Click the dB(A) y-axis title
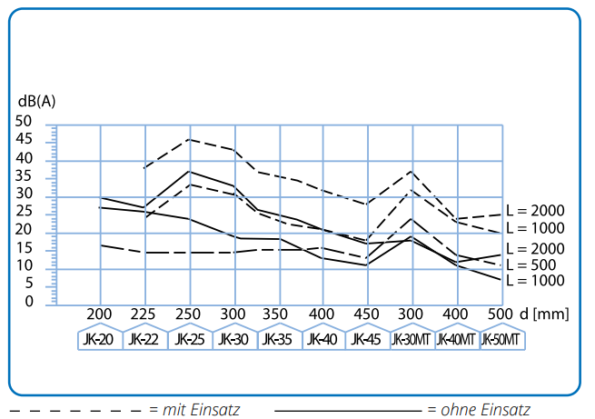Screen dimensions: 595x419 point(37,102)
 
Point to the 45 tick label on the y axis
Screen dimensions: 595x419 point(24,139)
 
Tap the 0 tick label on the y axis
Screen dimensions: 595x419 point(29,302)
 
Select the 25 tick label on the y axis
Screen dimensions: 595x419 point(24,212)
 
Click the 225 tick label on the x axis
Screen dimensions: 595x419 point(143,314)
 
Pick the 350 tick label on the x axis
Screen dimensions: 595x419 point(275,314)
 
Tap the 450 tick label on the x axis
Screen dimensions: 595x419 point(366,314)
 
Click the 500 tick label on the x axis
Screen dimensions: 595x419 point(500,314)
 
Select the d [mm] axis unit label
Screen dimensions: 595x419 point(544,314)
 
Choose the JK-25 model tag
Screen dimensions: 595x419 point(190,339)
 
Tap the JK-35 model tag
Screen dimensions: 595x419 point(278,339)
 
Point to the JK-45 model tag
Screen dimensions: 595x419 point(366,339)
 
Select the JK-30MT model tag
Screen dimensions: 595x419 point(411,339)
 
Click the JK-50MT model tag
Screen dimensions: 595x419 point(501,339)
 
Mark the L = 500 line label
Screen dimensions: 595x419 point(531,264)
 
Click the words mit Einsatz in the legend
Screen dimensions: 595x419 point(201,410)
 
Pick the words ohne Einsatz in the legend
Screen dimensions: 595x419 point(485,410)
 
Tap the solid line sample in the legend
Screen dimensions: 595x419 point(348,411)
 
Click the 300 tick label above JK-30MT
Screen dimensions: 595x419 point(411,314)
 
